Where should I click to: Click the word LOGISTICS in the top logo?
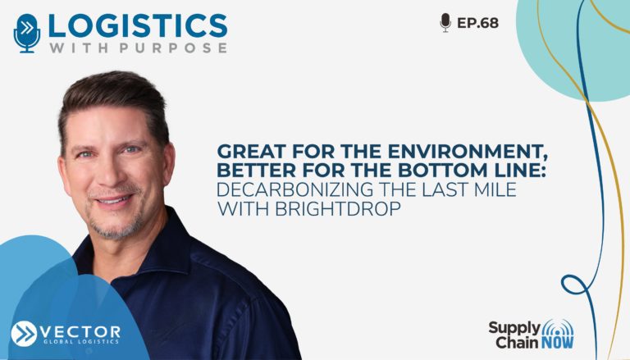(x=138, y=26)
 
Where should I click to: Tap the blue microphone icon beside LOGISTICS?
(x=27, y=33)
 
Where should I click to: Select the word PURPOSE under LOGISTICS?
(x=173, y=48)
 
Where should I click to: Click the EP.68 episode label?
(x=477, y=23)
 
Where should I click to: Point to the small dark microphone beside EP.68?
(x=445, y=22)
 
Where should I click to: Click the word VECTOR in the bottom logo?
(x=80, y=332)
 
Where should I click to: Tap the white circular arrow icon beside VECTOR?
(x=24, y=334)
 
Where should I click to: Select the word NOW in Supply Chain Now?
(x=557, y=343)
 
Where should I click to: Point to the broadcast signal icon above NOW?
(x=558, y=327)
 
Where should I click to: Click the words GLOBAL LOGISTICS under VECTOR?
(x=81, y=342)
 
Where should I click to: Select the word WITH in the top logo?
(x=79, y=48)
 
